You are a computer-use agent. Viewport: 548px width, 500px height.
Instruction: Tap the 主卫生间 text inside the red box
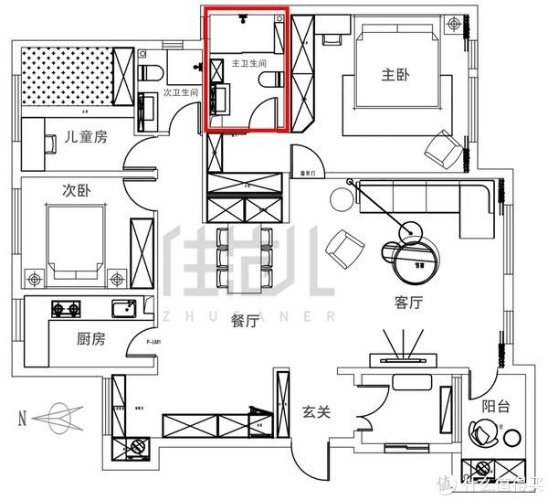pyautogui.click(x=248, y=64)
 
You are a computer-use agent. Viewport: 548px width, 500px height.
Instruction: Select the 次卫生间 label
pyautogui.click(x=181, y=92)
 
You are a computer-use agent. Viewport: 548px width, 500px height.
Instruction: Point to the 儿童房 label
pyautogui.click(x=86, y=137)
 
